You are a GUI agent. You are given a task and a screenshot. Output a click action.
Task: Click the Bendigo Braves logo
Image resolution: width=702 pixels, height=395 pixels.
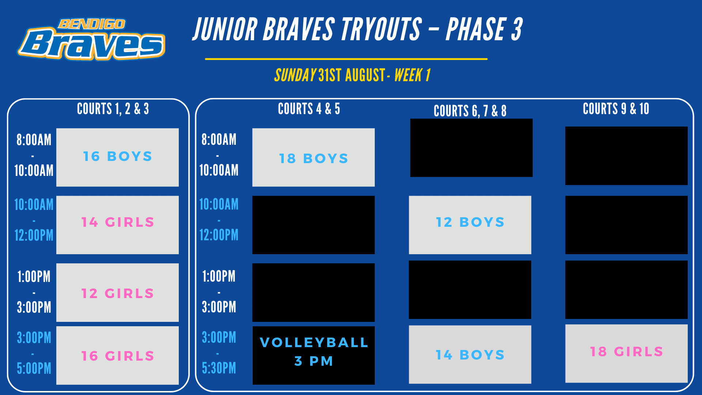pos(91,39)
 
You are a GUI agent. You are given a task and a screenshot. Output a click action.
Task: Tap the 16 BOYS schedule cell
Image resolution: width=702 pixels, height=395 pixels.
pos(117,157)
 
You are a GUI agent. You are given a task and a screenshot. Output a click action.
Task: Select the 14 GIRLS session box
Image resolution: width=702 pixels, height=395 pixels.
pos(117,225)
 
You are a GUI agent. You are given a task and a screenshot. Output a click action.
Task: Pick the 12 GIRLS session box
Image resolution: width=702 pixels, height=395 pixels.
pos(117,293)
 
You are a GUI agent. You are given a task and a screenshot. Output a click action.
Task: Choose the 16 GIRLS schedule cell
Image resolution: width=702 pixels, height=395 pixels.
pos(117,355)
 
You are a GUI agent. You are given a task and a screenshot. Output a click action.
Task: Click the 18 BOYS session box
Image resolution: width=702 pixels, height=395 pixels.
pos(313,157)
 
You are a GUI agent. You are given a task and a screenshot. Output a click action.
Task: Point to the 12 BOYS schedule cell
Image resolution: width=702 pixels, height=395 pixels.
pos(470,225)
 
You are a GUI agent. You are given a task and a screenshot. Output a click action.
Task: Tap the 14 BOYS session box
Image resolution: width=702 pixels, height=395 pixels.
pos(470,354)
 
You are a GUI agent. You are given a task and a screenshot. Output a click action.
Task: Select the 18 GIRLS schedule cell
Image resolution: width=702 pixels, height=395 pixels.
pos(626,353)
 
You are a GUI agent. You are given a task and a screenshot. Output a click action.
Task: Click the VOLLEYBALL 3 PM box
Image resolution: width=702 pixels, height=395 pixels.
pos(313,355)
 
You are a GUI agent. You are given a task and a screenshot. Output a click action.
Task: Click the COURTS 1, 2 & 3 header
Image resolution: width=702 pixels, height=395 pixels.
pos(113,109)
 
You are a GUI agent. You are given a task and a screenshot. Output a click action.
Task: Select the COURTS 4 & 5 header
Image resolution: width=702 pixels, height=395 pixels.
pos(309,109)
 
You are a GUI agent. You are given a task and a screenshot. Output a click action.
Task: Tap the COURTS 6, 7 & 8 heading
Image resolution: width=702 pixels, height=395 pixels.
pos(470,111)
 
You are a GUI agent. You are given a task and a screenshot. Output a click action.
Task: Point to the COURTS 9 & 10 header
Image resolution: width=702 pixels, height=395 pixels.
pos(616,109)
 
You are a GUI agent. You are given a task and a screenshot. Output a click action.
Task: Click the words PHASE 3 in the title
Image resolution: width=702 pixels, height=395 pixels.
pos(484,29)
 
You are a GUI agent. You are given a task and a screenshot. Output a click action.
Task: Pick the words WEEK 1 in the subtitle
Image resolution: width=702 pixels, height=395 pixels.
pos(412,75)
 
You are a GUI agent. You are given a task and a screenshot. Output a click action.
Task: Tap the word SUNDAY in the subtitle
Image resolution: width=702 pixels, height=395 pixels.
pos(295,75)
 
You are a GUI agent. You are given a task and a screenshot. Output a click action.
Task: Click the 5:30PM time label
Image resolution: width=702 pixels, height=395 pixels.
pos(219,368)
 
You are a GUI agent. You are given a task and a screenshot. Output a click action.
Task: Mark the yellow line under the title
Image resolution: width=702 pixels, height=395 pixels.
pos(346,59)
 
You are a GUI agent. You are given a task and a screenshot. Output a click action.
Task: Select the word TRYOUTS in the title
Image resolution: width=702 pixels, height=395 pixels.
pos(381,29)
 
